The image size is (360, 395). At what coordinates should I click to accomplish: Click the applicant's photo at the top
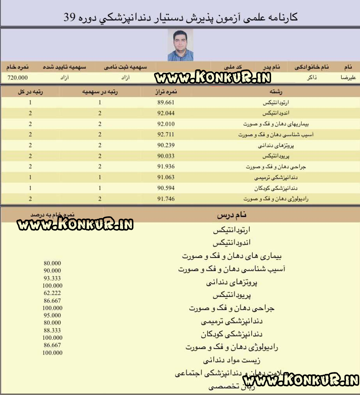(180, 45)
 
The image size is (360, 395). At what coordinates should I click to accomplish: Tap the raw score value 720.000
(18, 78)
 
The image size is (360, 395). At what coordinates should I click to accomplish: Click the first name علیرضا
(349, 78)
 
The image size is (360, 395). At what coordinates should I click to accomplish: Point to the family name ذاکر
(312, 78)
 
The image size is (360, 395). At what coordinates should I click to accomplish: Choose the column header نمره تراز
(165, 92)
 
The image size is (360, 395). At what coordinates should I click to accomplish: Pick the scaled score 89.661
(165, 103)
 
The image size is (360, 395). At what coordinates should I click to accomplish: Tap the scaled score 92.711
(165, 135)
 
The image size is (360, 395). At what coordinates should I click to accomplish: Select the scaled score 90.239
(165, 145)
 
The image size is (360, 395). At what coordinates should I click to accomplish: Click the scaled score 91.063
(165, 177)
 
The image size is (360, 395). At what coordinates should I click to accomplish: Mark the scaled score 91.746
(165, 199)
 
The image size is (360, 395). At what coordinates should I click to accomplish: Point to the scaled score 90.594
(165, 188)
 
